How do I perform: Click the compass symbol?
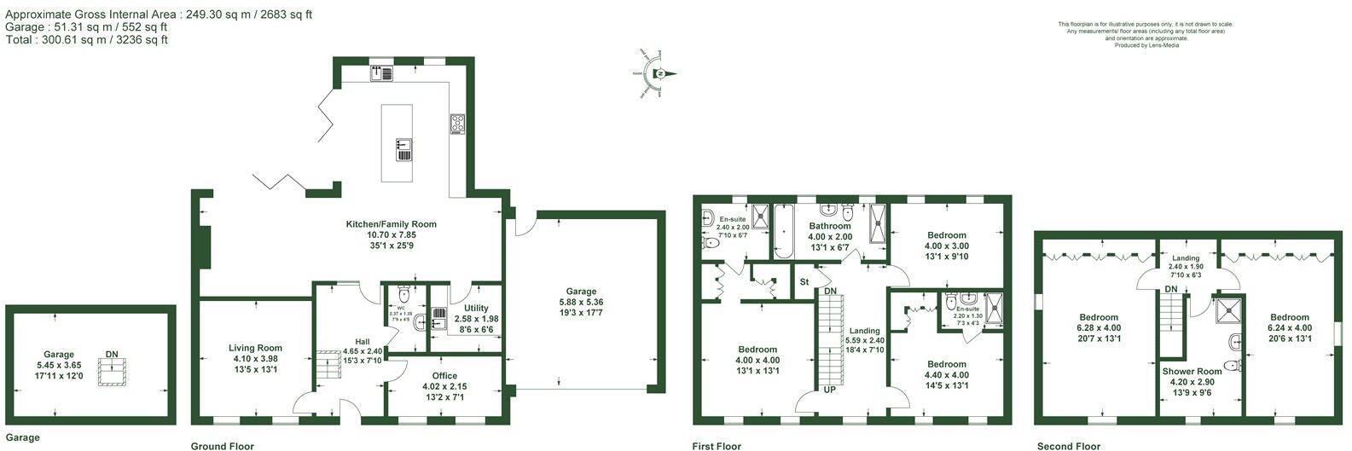[x=659, y=74]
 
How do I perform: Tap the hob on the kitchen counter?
[x=457, y=124]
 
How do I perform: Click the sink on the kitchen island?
[x=403, y=149]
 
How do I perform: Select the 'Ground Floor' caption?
[x=222, y=446]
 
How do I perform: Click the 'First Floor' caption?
[x=717, y=446]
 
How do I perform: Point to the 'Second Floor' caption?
[x=1069, y=446]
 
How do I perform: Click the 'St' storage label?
[x=804, y=282]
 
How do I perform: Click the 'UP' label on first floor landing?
[x=829, y=390]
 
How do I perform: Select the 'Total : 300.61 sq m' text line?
[x=86, y=40]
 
